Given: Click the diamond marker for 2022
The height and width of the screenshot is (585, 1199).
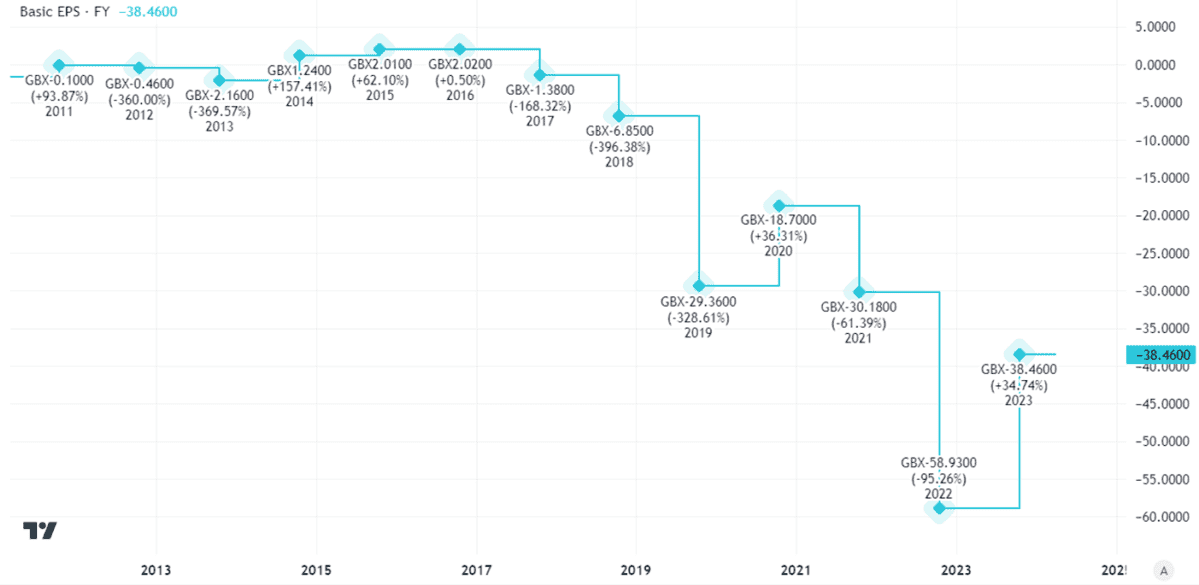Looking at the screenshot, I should click(939, 508).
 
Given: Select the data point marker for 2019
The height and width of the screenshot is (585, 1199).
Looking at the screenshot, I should click(699, 286).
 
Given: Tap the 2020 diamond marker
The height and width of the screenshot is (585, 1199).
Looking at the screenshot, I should click(779, 206).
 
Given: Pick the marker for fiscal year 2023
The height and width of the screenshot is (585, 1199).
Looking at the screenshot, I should click(1019, 354).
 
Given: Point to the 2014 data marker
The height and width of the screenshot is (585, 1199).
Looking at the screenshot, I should click(299, 56).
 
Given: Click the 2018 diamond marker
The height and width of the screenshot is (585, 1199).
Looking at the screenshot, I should click(619, 116).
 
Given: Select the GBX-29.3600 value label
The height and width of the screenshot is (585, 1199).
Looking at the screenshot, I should click(699, 301).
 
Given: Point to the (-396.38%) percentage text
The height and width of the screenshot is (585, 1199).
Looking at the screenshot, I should click(619, 146).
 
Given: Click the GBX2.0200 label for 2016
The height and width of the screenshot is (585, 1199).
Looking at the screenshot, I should click(460, 65).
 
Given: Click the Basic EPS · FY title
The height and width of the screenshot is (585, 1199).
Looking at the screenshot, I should click(60, 13).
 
